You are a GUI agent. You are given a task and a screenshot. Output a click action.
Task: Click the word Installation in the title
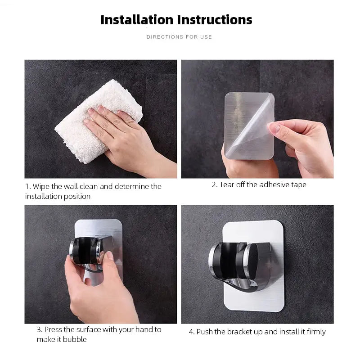pos(137,20)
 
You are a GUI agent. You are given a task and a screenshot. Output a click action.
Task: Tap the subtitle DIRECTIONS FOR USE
pos(179,37)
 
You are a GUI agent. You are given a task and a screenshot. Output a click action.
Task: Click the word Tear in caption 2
pos(228,184)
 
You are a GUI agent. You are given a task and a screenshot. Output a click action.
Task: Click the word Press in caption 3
pos(54,329)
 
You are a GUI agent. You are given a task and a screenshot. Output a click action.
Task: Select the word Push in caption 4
pos(205,332)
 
